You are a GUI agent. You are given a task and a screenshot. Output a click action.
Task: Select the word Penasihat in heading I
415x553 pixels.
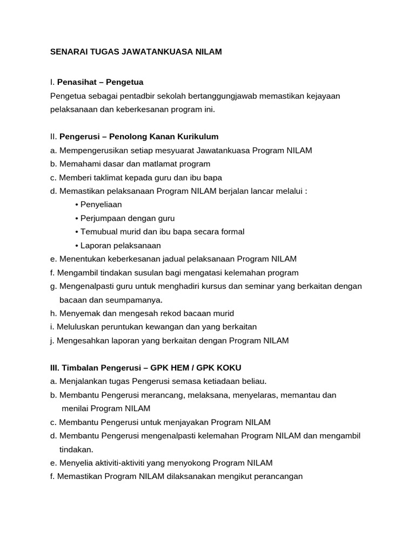click(x=78, y=82)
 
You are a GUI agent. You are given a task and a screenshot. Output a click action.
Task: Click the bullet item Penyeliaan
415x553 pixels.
click(x=101, y=205)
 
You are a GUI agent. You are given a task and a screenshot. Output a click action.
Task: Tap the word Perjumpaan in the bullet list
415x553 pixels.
click(x=102, y=218)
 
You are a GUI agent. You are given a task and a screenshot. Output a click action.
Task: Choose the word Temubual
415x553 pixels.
click(x=101, y=232)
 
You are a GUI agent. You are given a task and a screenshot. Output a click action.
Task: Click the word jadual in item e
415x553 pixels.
click(x=164, y=259)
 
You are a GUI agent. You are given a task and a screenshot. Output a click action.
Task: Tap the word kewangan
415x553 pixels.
click(x=162, y=327)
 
